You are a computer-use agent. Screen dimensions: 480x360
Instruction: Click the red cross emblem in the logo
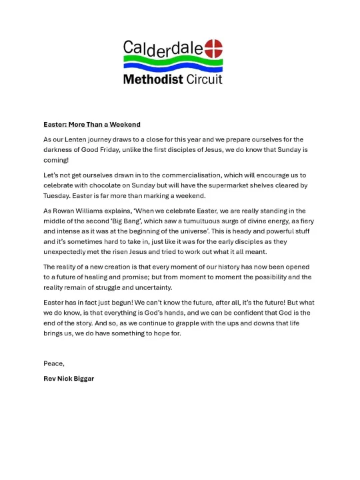click(x=213, y=48)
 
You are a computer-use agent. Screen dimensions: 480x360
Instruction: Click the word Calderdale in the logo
click(x=163, y=49)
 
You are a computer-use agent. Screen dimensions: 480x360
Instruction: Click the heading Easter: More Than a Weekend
click(x=92, y=125)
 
